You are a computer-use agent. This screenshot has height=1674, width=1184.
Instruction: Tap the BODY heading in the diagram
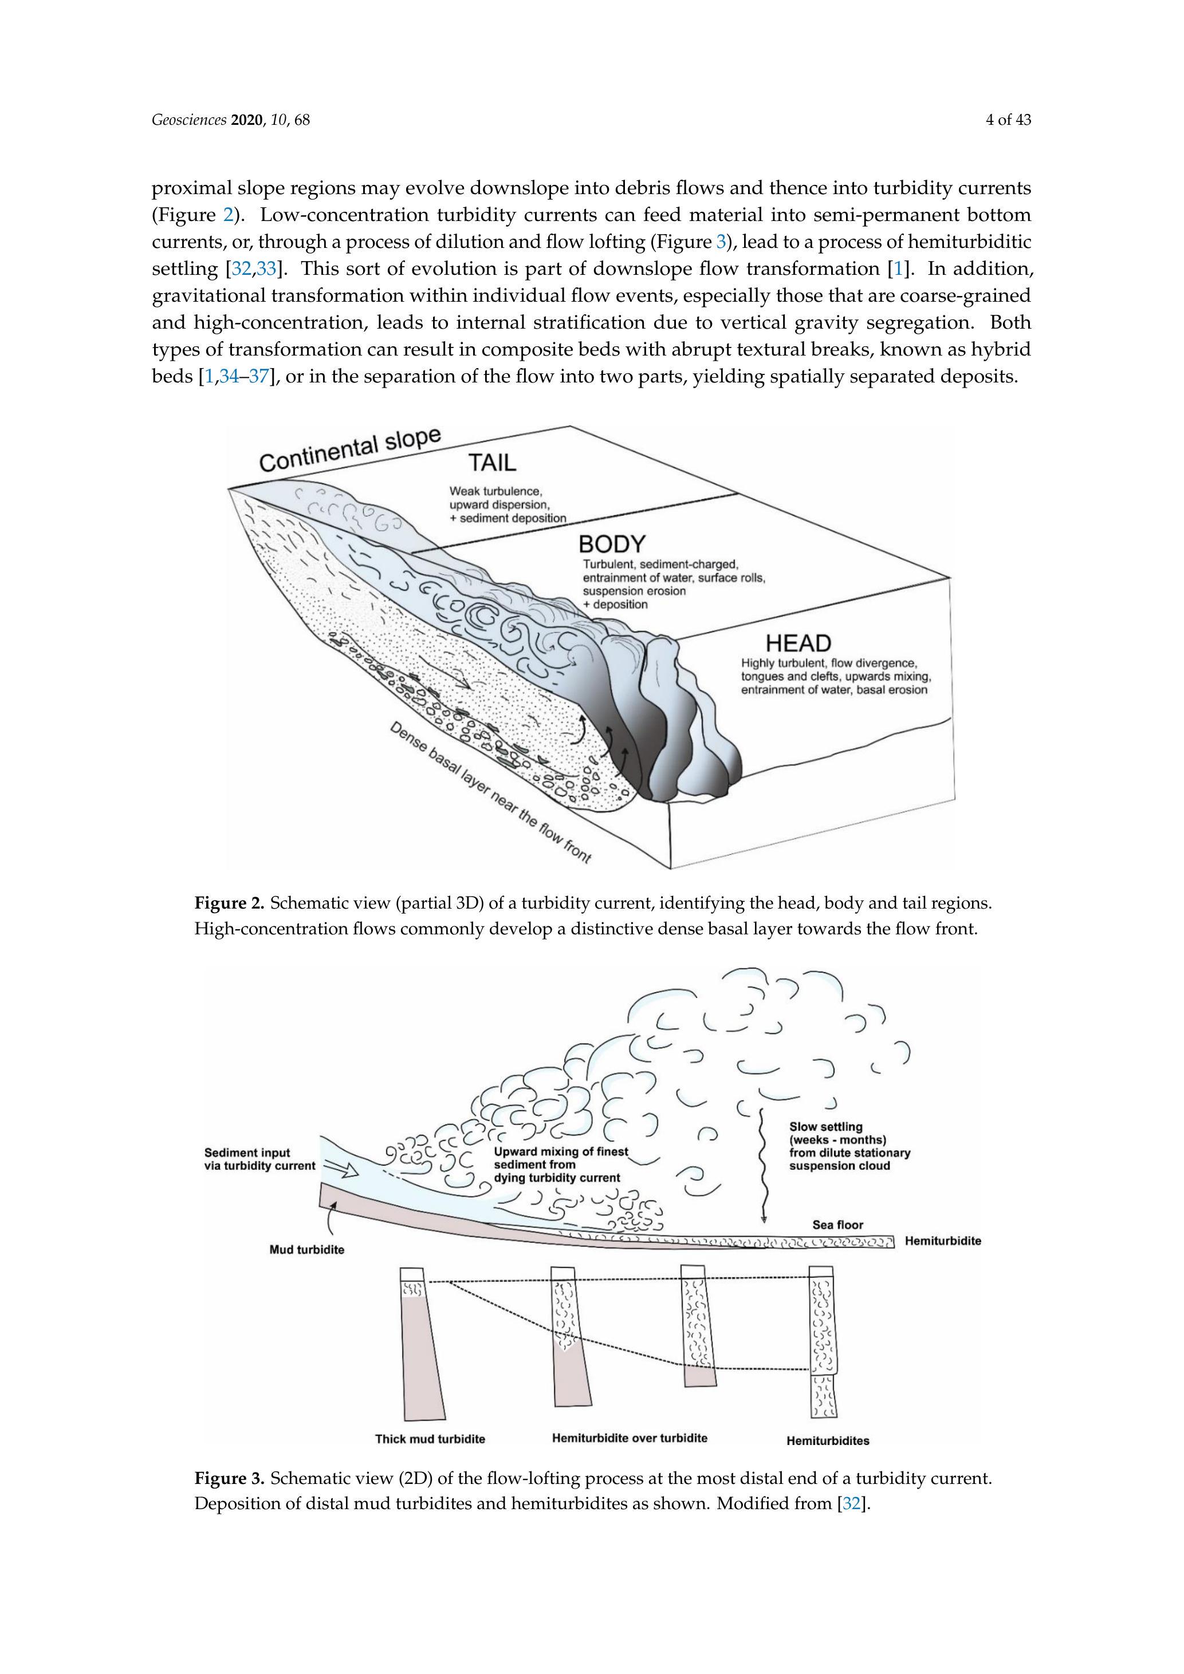point(612,544)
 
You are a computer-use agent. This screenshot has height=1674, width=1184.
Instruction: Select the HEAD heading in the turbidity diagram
point(798,643)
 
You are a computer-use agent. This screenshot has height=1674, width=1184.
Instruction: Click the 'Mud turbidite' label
point(307,1250)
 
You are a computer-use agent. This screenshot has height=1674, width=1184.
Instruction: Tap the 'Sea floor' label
point(837,1225)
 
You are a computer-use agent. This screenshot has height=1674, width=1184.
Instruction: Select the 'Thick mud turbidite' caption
point(430,1439)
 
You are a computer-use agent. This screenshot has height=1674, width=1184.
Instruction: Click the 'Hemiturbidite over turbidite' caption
point(630,1438)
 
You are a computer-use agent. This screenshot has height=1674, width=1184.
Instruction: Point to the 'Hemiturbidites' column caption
point(827,1440)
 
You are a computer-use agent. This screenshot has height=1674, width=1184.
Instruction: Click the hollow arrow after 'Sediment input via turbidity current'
point(340,1170)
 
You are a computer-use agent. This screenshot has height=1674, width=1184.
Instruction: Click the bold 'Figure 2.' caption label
point(229,903)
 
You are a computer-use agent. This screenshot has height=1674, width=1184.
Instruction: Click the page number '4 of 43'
point(1008,120)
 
